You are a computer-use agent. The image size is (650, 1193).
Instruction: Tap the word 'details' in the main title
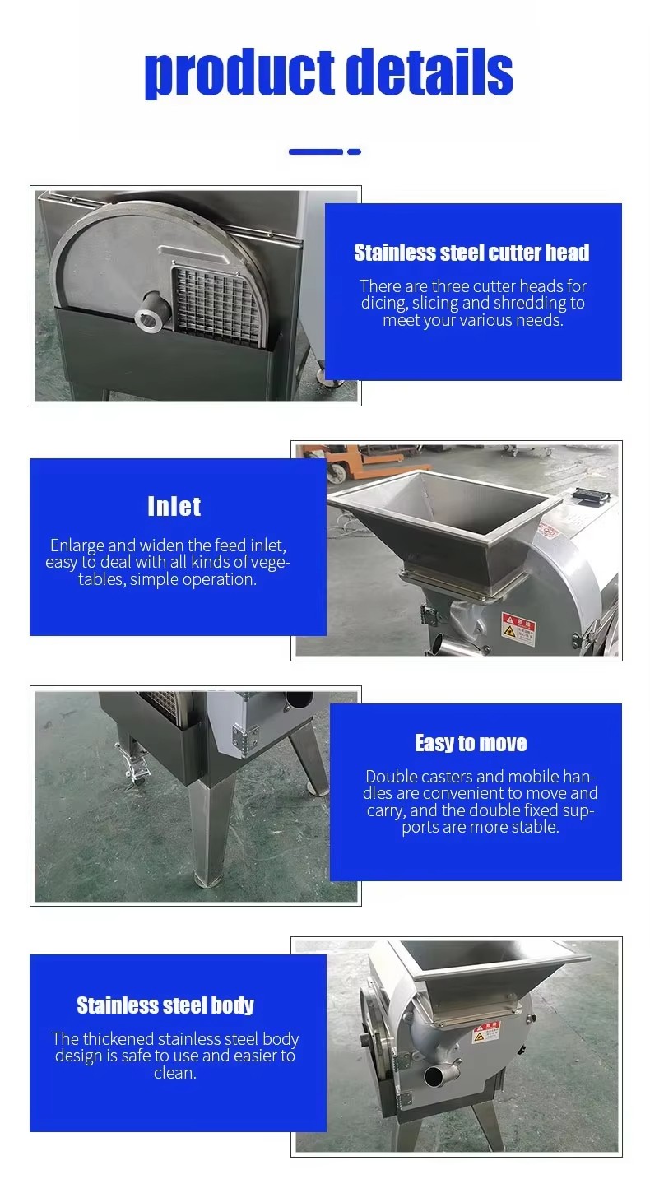tap(433, 71)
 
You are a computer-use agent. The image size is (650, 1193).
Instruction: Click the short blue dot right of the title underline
tap(355, 151)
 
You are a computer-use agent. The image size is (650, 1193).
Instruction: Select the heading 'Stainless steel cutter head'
tap(471, 253)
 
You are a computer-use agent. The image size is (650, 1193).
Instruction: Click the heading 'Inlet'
tap(174, 506)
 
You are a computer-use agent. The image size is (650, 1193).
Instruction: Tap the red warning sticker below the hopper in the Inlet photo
tap(518, 629)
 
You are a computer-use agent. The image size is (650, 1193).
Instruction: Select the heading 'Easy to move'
tap(471, 742)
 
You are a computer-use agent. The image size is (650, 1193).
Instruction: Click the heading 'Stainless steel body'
tap(165, 1005)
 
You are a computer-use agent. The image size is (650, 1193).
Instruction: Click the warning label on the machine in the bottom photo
tap(486, 1033)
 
